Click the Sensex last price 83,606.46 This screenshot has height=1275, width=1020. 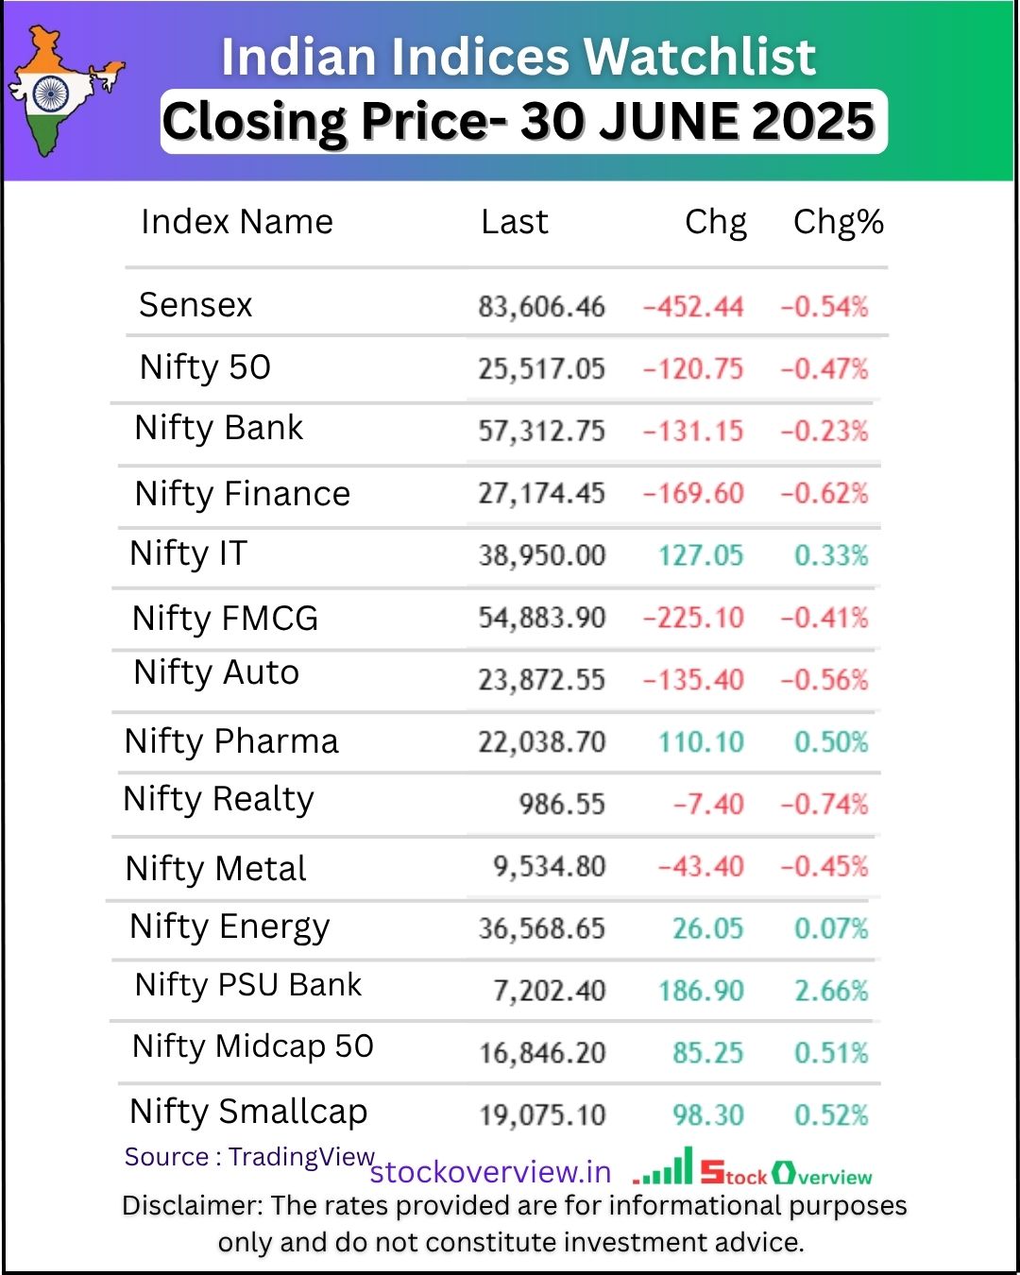point(541,307)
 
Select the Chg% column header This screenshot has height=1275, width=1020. point(838,222)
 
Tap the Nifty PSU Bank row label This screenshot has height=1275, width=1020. point(248,985)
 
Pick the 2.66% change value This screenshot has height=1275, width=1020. point(831,991)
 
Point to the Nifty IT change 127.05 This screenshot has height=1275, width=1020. point(701,555)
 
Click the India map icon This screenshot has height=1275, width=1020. point(61,92)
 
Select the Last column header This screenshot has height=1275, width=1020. point(514,222)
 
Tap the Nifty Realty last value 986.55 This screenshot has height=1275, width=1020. point(562,805)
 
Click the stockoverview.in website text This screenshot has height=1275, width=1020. point(490,1172)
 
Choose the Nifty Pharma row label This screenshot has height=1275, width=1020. point(231,741)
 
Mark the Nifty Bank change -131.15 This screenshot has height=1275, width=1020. point(693,431)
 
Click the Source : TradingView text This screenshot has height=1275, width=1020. point(249,1157)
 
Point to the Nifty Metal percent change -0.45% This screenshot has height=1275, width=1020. point(824,866)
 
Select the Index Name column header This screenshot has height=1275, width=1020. point(237,222)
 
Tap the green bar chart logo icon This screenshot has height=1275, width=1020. point(665,1167)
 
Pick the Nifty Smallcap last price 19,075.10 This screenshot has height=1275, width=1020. point(542,1115)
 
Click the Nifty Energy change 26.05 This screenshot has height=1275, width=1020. point(707,928)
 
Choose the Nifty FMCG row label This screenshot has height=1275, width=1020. point(225,619)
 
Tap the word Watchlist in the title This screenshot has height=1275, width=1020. point(700,57)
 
